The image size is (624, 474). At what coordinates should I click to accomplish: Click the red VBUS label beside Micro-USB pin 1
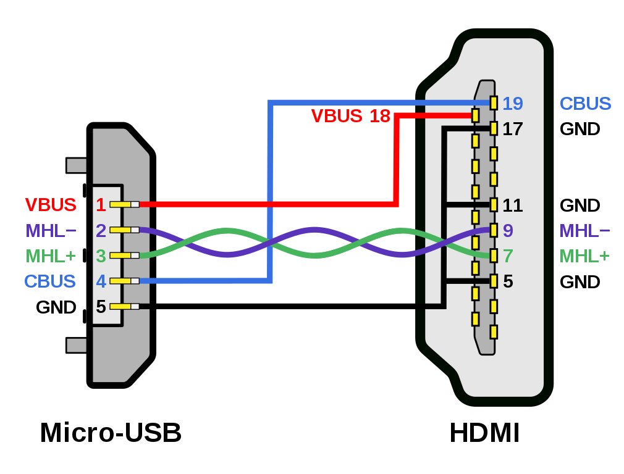click(51, 204)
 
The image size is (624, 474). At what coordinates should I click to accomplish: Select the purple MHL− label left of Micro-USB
click(51, 230)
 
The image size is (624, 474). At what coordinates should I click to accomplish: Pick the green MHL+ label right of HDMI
click(584, 256)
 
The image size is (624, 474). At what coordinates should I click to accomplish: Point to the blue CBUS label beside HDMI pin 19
click(585, 103)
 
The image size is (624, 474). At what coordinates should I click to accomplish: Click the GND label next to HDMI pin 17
click(580, 129)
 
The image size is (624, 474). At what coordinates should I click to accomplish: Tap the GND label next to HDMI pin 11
click(580, 205)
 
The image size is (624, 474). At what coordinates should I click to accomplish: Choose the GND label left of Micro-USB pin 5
click(56, 307)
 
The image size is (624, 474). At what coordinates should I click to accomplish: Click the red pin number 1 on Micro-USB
click(100, 204)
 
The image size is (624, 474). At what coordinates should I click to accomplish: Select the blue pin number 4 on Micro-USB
click(101, 281)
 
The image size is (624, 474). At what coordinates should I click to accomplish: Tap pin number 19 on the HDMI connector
click(513, 103)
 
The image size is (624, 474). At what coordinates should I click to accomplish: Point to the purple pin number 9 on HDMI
click(508, 230)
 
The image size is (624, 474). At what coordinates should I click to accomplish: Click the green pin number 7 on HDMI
click(508, 256)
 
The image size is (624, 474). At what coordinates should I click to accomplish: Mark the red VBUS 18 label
click(350, 115)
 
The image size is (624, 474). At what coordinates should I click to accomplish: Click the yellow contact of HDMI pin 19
click(494, 103)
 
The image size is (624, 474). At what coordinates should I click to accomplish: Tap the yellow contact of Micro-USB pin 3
click(120, 256)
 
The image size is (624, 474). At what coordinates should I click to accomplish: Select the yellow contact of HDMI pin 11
click(494, 205)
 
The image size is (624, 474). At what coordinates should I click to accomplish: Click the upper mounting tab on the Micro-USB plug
click(75, 165)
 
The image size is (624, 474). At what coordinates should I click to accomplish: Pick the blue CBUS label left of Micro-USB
click(50, 281)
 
